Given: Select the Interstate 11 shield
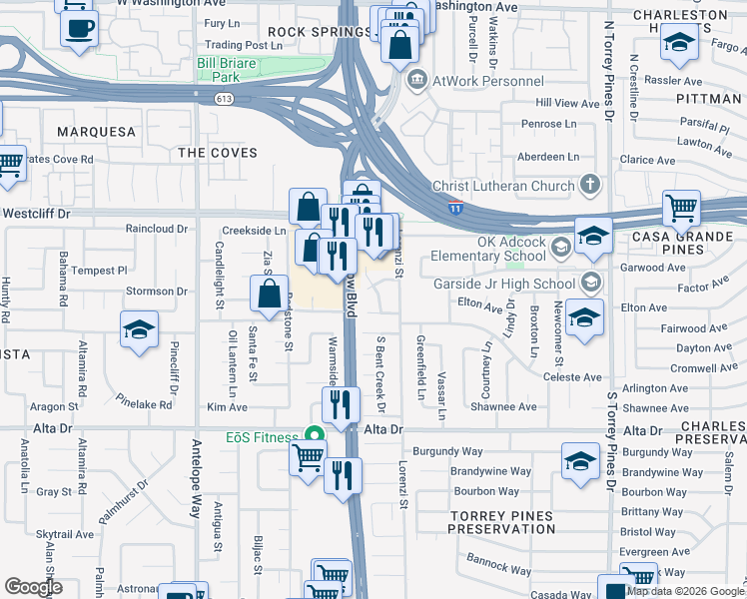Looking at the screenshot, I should click(454, 208).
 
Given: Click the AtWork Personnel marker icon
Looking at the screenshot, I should click(417, 81).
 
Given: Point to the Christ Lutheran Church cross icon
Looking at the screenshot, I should click(590, 185).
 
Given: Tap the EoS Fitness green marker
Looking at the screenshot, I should click(315, 436).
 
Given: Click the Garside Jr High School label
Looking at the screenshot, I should click(510, 284).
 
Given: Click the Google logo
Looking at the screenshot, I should click(32, 587).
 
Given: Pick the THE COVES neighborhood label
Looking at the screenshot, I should click(217, 153).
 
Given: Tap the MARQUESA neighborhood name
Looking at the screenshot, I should click(96, 131).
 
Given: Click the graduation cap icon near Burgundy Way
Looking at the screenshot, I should click(580, 459).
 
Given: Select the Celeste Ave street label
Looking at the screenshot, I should click(572, 377).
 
